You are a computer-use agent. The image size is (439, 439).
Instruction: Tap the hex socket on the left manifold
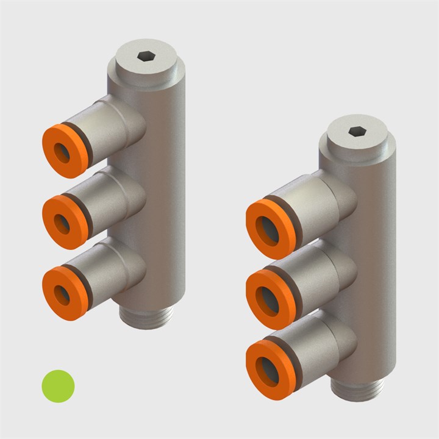click(x=146, y=57)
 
